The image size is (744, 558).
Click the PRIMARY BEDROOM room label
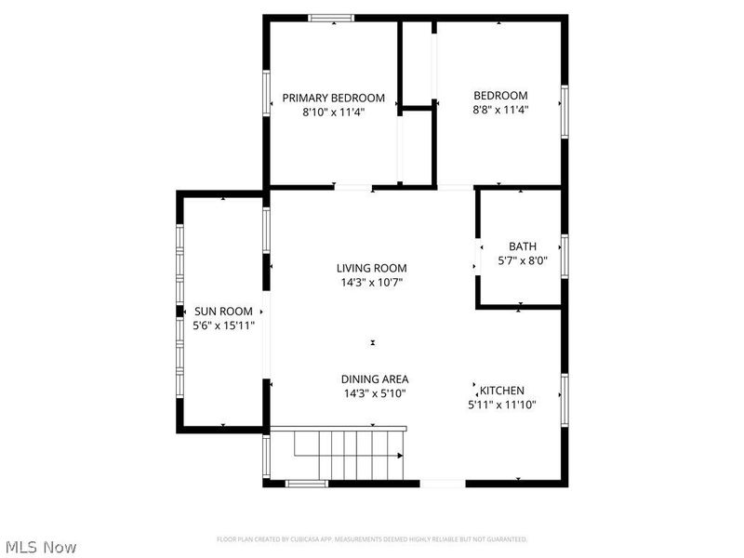tap(333, 98)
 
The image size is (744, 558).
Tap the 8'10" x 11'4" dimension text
tap(333, 112)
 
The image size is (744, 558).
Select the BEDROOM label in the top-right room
tap(500, 95)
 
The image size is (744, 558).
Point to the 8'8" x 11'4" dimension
tap(500, 109)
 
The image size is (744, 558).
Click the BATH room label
tap(522, 246)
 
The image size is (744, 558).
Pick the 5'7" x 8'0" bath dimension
tap(522, 260)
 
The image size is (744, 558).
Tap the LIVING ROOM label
tap(372, 268)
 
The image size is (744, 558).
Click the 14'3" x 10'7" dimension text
tap(372, 282)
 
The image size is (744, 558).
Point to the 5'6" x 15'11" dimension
tap(223, 325)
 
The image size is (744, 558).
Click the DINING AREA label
tap(374, 379)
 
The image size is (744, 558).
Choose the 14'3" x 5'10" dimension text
tap(374, 392)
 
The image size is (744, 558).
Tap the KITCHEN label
tap(502, 391)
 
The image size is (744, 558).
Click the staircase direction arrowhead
tap(400, 456)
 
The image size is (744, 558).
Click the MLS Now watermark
tap(41, 547)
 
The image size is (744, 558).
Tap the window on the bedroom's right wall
tap(564, 112)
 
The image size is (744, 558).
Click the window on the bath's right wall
tap(564, 256)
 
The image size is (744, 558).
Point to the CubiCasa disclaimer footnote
tap(372, 539)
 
